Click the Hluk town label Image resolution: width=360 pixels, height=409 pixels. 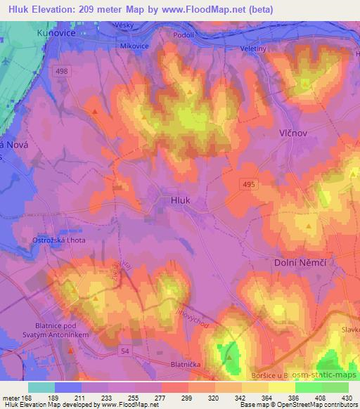click(x=180, y=200)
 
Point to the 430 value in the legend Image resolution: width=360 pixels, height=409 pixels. click(x=345, y=398)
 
